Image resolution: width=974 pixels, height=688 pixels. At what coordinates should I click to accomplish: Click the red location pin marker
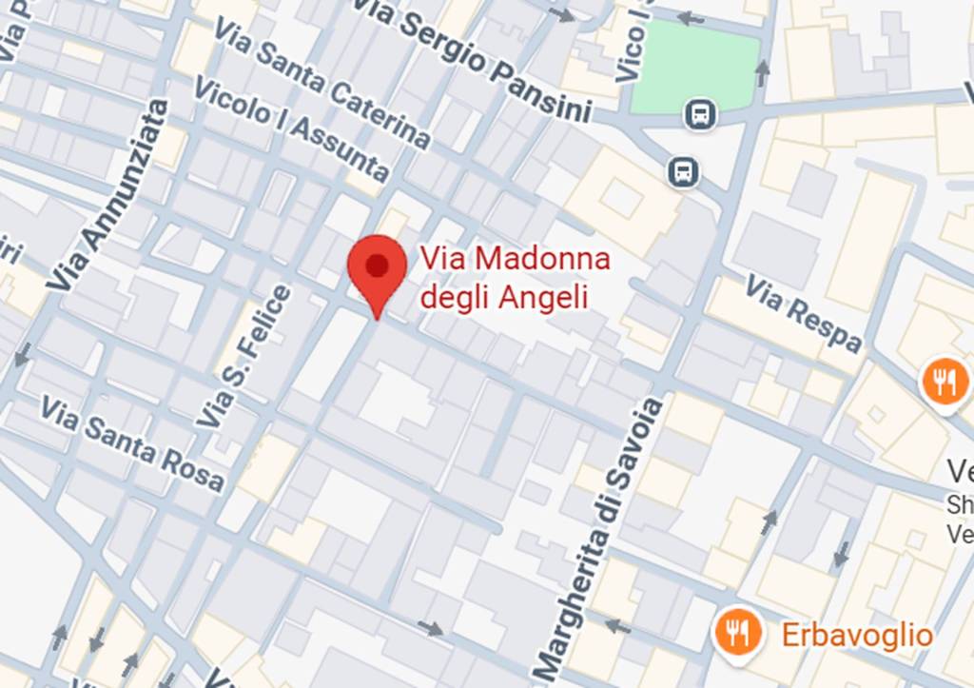tap(378, 268)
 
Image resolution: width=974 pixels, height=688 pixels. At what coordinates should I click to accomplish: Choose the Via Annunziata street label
tap(107, 195)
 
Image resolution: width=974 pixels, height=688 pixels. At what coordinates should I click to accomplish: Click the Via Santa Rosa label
tap(132, 444)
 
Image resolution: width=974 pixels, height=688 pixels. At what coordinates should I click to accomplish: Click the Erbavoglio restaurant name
tap(857, 635)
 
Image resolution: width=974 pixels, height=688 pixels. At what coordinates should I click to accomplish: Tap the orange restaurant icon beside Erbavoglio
tap(737, 631)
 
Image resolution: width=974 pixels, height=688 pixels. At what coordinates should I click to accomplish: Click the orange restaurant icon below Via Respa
tap(944, 383)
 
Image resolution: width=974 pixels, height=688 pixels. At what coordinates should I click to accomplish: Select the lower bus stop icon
tap(683, 172)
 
